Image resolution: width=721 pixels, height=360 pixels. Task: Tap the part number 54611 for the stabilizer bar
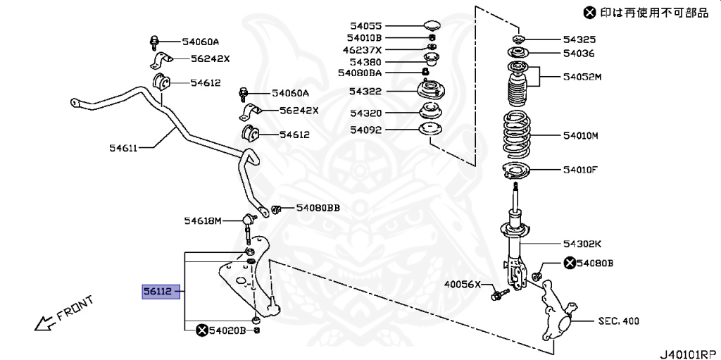[123, 147]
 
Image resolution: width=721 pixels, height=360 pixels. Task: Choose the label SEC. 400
[618, 321]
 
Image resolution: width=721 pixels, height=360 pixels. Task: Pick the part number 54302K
[582, 244]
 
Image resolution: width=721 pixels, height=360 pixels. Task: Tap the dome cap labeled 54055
[431, 26]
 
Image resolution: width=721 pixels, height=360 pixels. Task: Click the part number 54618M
[203, 221]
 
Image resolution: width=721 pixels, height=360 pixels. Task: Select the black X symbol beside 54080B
[569, 263]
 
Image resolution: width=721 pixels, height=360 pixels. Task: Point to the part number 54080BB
[318, 208]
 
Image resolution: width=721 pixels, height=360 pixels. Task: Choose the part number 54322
[366, 91]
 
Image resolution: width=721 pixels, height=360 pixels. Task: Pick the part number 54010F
[579, 169]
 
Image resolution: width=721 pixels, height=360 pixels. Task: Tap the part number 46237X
[363, 50]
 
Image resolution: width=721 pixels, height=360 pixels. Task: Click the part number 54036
[579, 53]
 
